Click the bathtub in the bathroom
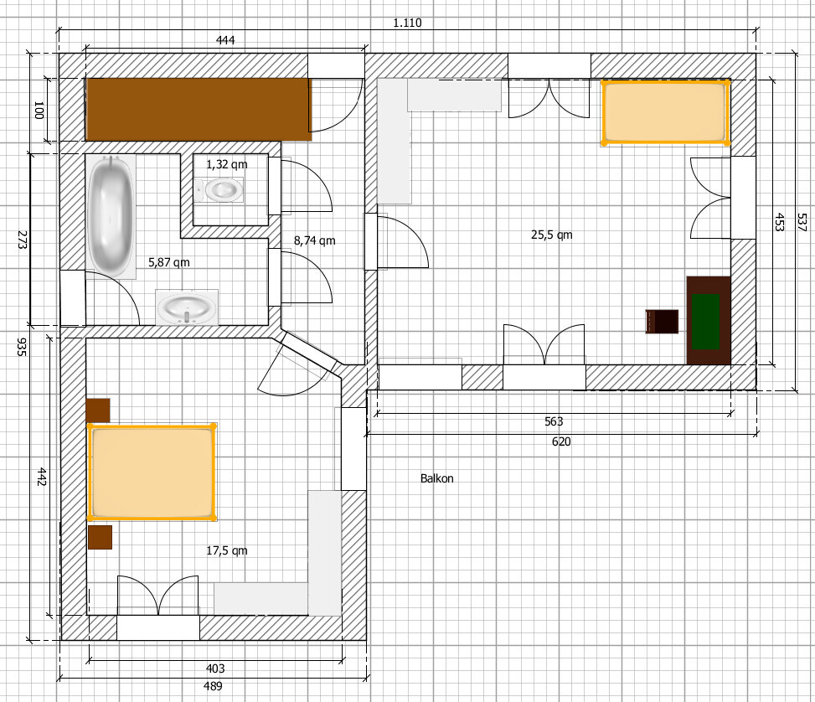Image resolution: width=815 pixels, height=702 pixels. pos(111,216)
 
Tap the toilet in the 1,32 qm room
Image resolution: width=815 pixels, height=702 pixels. pos(219,190)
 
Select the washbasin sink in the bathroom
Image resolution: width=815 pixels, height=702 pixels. pos(186,307)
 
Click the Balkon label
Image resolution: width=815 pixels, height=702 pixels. pos(436,478)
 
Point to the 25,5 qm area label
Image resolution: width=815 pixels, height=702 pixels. pos(551,235)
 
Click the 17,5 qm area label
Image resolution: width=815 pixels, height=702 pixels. pos(227,550)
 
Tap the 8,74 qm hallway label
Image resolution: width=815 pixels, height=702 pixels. pos(314,240)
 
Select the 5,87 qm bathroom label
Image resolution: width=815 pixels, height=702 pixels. pos(169,262)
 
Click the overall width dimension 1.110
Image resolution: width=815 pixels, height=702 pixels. pos(407,23)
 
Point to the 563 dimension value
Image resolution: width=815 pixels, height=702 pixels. pos(554,421)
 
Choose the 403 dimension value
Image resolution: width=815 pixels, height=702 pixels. pos(215,668)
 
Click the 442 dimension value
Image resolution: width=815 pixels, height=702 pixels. pos(42,477)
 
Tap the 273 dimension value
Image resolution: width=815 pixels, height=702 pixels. pos(22,240)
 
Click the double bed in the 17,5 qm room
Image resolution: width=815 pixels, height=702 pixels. pos(152,472)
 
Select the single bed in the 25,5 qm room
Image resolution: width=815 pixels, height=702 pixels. pos(665,111)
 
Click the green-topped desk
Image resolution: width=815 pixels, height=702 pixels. pos(709,320)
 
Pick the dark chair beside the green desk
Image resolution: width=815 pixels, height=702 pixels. pos(662,322)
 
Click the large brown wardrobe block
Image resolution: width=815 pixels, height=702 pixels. pos(199,109)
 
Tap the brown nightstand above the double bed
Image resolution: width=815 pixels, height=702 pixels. pos(98,410)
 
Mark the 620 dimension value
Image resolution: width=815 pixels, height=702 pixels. pos(561,441)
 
